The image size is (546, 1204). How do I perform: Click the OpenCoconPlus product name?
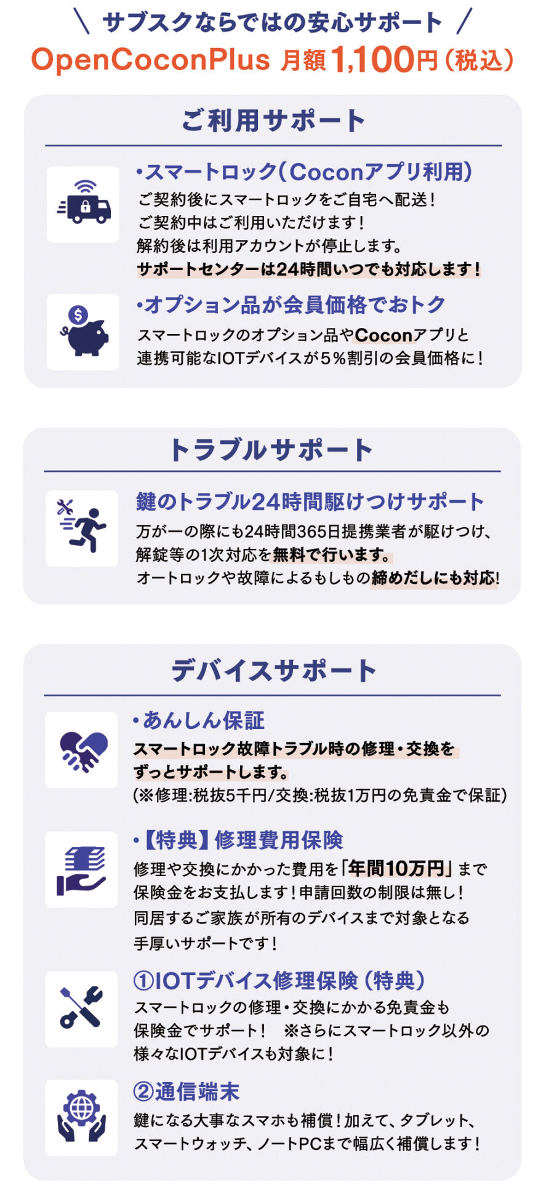pyautogui.click(x=151, y=59)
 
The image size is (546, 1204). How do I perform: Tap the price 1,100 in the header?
pyautogui.click(x=373, y=59)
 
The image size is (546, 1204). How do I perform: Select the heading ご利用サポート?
pyautogui.click(x=273, y=120)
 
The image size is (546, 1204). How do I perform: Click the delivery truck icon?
pyautogui.click(x=84, y=203)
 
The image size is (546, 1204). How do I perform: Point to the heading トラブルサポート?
pyautogui.click(x=271, y=450)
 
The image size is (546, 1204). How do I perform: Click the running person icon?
pyautogui.click(x=82, y=528)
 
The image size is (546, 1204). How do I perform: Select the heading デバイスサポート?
pyautogui.click(x=273, y=670)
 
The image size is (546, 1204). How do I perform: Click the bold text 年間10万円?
pyautogui.click(x=396, y=868)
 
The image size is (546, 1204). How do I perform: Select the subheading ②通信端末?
pyautogui.click(x=187, y=1091)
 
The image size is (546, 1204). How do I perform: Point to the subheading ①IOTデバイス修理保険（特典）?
pyautogui.click(x=279, y=981)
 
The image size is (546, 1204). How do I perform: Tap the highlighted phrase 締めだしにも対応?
pyautogui.click(x=433, y=578)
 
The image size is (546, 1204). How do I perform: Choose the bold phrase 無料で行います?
pyautogui.click(x=331, y=555)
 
